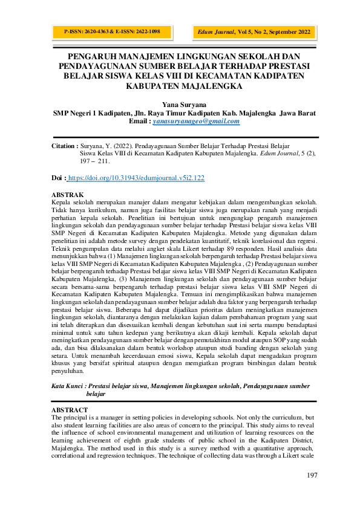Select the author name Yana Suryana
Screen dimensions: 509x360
[x=180, y=104]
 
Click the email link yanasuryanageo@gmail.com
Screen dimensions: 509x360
[x=196, y=121]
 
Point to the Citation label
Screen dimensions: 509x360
[x=64, y=146]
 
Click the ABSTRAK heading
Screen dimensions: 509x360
[x=68, y=194]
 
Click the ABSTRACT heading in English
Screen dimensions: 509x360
[x=70, y=410]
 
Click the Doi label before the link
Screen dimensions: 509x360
[x=59, y=178]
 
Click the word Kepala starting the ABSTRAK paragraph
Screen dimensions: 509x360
[x=62, y=201]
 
